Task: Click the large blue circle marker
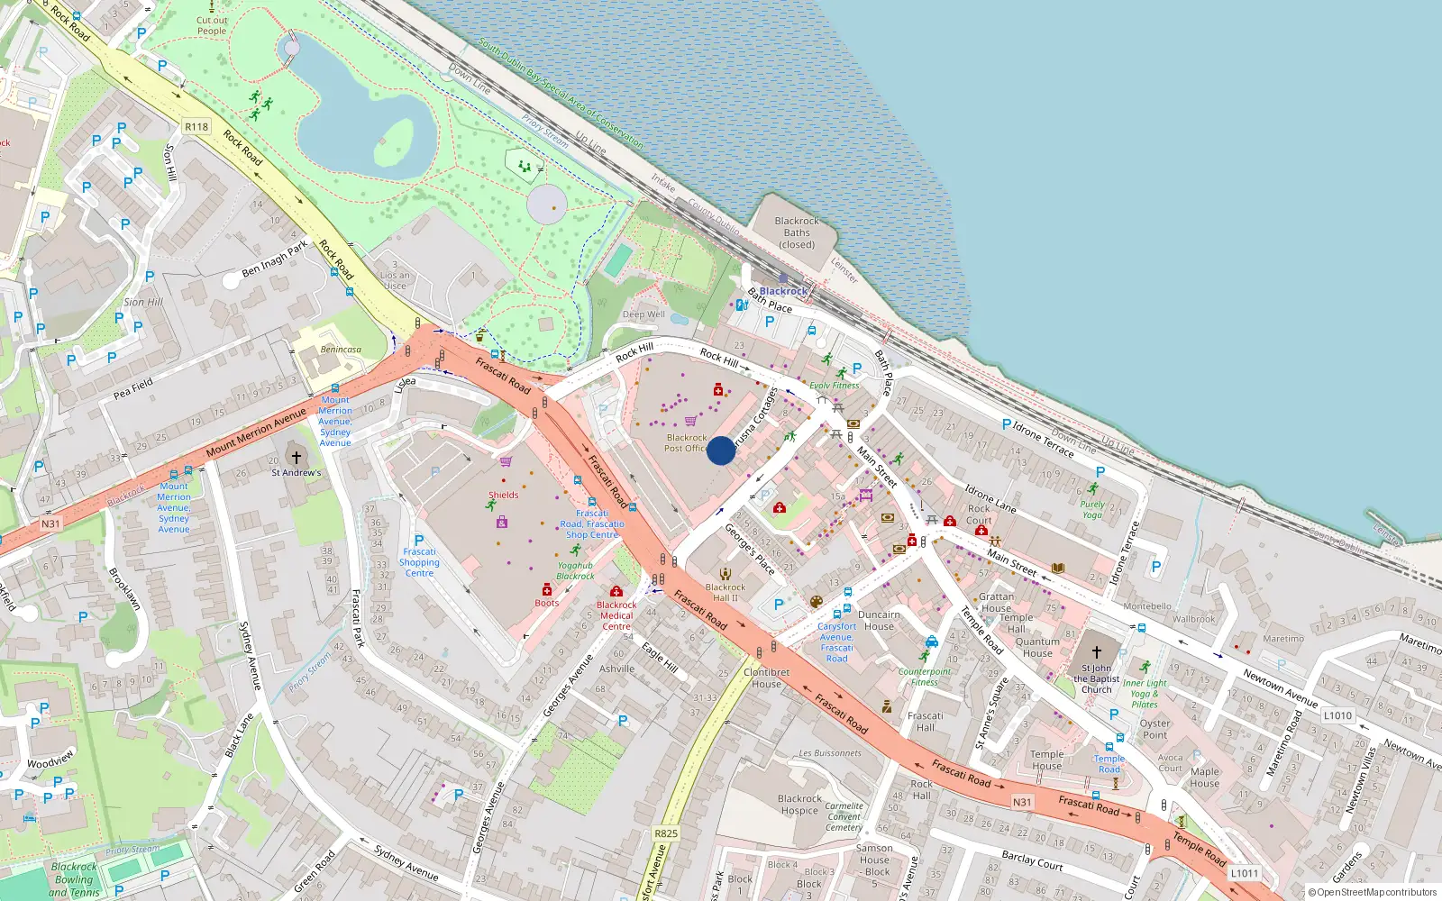[x=721, y=450]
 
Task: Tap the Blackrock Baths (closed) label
[x=797, y=232]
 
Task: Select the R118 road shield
[x=196, y=127]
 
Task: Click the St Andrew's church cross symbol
[x=296, y=458]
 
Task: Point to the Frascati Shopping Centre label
[x=419, y=562]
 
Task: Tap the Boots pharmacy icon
[x=547, y=590]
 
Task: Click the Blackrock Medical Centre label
[x=616, y=615]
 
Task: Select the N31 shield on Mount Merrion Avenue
[x=50, y=523]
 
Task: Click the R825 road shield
[x=666, y=833]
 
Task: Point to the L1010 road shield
[x=1337, y=715]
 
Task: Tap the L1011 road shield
[x=1245, y=873]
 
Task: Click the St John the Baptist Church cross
[x=1097, y=651]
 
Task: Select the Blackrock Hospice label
[x=799, y=805]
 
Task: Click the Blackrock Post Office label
[x=686, y=442]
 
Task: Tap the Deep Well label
[x=643, y=314]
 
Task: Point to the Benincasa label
[x=341, y=350]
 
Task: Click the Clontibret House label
[x=767, y=678]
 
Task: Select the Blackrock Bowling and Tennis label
[x=74, y=879]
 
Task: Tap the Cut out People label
[x=212, y=25]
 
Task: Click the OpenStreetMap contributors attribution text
[x=1373, y=893]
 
